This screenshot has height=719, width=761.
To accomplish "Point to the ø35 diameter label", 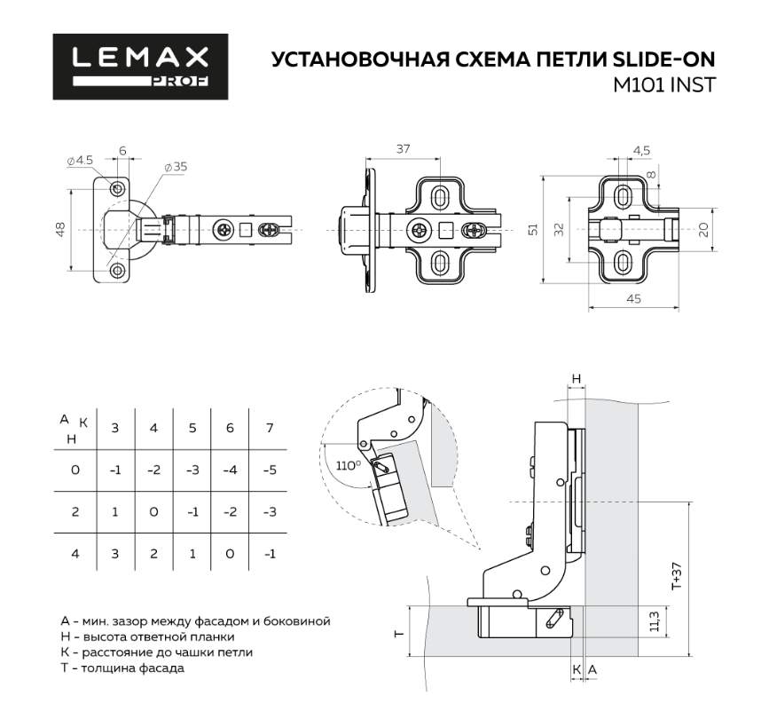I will (x=175, y=167).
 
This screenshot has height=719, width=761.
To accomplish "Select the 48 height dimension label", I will (x=60, y=229).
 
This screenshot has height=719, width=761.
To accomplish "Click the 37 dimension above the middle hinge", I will (x=403, y=149).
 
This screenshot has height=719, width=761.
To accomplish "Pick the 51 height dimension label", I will (x=533, y=229).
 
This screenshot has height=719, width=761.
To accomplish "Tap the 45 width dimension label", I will (x=633, y=299).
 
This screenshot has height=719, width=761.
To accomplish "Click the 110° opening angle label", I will (x=348, y=465).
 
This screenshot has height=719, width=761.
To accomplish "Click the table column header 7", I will (x=270, y=428).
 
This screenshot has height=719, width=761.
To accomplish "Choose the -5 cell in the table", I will (x=270, y=470).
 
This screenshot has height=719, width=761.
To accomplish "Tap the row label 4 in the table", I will (x=75, y=554).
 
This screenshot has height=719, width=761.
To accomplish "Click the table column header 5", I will (x=192, y=428).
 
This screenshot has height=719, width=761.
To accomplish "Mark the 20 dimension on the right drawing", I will (x=702, y=229).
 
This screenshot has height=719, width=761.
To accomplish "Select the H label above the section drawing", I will (x=576, y=379).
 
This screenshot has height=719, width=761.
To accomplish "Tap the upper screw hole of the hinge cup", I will (x=117, y=188).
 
